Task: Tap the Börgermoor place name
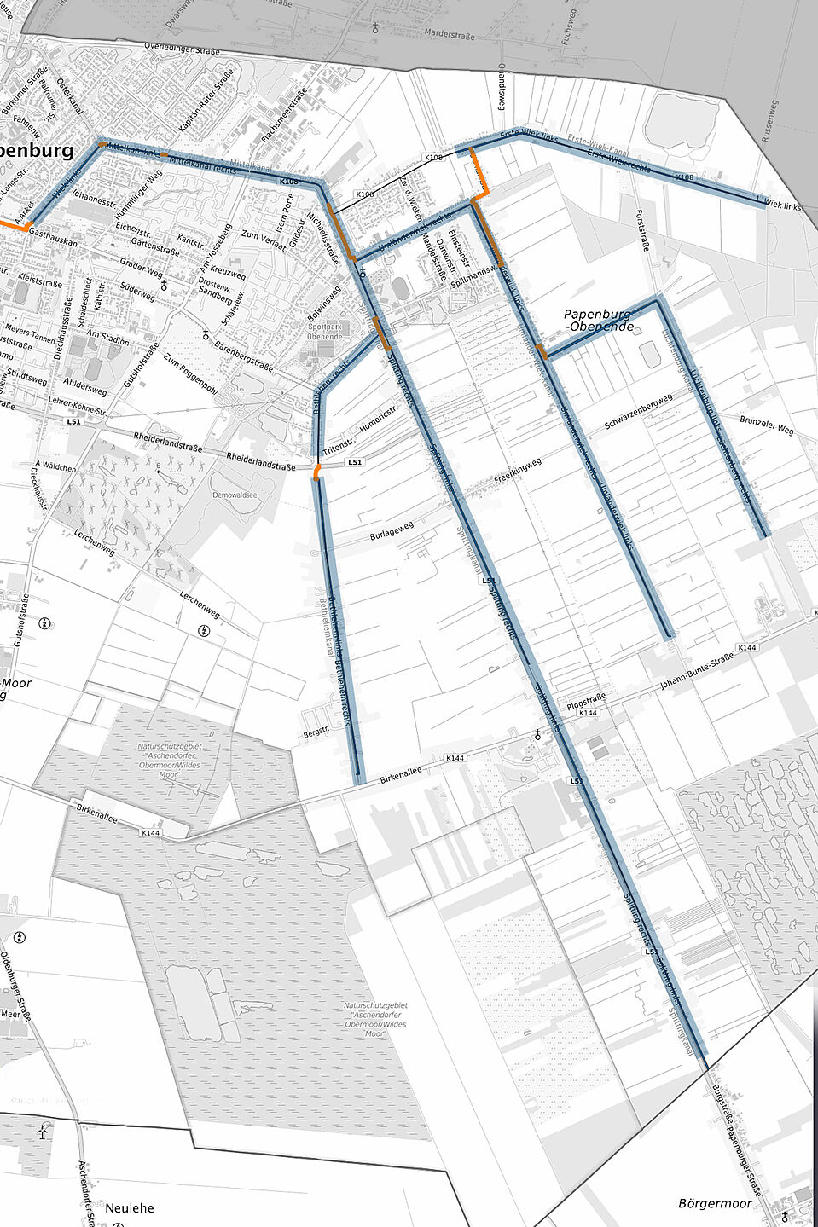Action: point(715,1203)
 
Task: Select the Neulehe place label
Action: point(130,1207)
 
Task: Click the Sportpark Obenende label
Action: point(324,332)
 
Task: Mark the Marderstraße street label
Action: point(449,35)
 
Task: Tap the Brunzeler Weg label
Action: point(767,425)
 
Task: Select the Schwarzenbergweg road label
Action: point(639,412)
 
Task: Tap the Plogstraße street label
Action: point(586,701)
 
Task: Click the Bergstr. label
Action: point(316,732)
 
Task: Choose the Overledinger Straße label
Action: point(182,49)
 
